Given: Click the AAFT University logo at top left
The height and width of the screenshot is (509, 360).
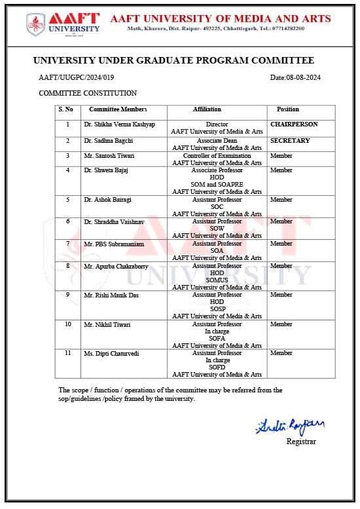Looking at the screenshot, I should [x=63, y=24].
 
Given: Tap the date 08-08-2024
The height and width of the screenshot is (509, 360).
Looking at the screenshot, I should [x=295, y=78].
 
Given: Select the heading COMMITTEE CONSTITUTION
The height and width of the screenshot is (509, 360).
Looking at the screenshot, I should [x=88, y=93].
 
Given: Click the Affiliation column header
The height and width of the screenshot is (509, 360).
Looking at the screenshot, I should [x=207, y=109].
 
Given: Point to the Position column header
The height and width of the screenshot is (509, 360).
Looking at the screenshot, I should [x=287, y=109].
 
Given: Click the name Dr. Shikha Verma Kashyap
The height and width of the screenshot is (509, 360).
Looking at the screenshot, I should [x=119, y=124].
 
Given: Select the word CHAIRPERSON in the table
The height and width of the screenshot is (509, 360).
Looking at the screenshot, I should [x=294, y=124].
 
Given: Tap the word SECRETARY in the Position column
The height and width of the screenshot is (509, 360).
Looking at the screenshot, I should [x=290, y=141].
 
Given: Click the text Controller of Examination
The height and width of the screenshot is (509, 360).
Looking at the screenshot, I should [x=217, y=156].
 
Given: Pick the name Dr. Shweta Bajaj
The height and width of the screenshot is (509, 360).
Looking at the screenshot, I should [x=106, y=170].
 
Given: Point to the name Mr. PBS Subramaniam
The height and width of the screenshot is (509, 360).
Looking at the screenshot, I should [x=114, y=244].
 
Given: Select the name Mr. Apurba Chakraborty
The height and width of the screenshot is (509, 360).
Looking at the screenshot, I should [x=116, y=266].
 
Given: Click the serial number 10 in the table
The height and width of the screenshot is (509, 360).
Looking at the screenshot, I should [x=68, y=324].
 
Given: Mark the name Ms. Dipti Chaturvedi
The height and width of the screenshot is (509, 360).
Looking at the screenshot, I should [x=111, y=353].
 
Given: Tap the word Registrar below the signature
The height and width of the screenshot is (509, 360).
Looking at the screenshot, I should [x=300, y=442].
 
